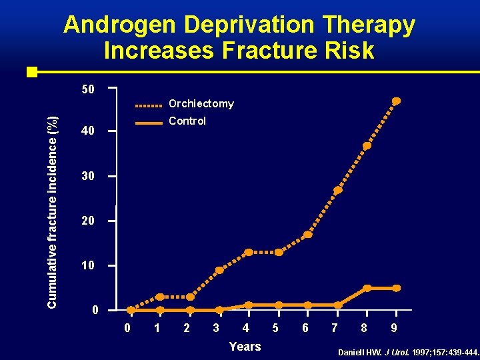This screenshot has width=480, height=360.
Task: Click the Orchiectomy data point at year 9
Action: pyautogui.click(x=396, y=101)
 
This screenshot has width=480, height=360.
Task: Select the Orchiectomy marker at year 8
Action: pyautogui.click(x=367, y=146)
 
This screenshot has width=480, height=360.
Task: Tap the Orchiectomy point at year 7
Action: pyautogui.click(x=338, y=191)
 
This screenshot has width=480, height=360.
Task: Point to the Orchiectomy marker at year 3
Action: pyautogui.click(x=219, y=271)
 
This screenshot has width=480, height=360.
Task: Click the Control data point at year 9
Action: pyautogui.click(x=396, y=288)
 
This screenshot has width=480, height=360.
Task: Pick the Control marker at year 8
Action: pyautogui.click(x=367, y=288)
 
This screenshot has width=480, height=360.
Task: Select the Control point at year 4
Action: pyautogui.click(x=249, y=305)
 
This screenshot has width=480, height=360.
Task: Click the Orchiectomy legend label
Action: pyautogui.click(x=201, y=103)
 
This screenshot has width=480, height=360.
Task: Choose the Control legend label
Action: pyautogui.click(x=187, y=121)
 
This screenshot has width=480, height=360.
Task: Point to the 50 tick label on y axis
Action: pyautogui.click(x=87, y=89)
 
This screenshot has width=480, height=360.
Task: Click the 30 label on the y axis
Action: pyautogui.click(x=87, y=177)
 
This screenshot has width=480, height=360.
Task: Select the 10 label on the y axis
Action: pyautogui.click(x=87, y=266)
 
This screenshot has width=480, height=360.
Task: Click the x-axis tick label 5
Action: pyautogui.click(x=275, y=327)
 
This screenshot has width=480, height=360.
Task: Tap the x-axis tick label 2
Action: pyautogui.click(x=186, y=327)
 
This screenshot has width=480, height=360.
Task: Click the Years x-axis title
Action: pyautogui.click(x=245, y=346)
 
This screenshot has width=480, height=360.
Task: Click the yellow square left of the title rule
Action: pyautogui.click(x=31, y=71)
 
